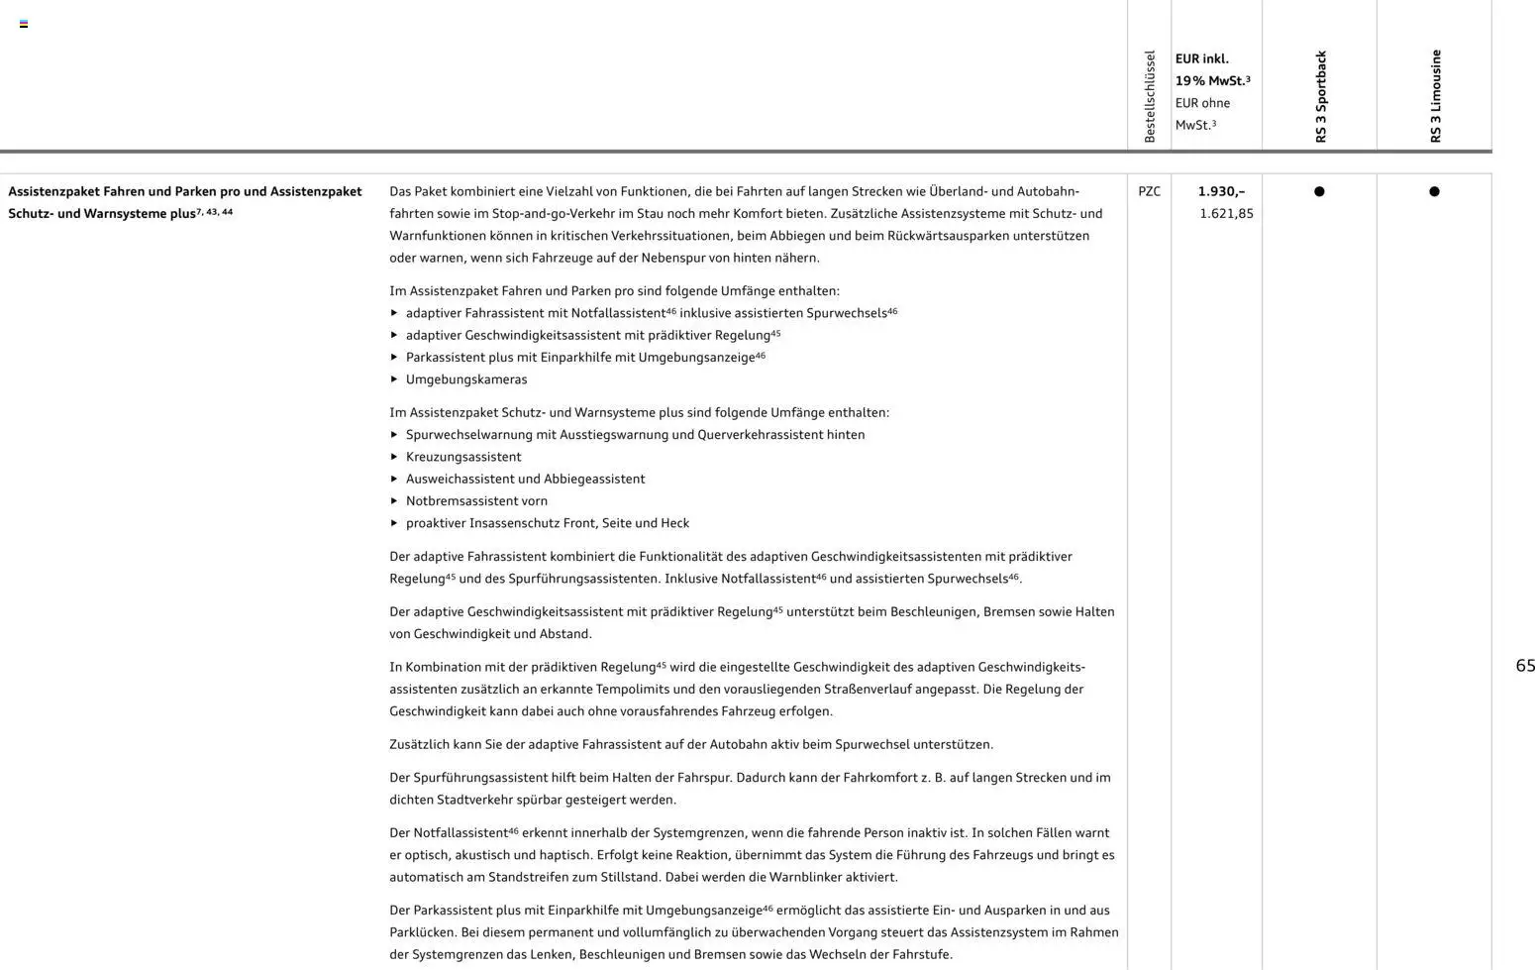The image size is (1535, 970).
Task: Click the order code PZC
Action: [x=1149, y=191]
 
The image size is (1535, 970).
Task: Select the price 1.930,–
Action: [x=1221, y=191]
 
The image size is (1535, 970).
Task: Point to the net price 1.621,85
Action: [x=1226, y=213]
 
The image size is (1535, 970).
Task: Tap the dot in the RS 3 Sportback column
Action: [x=1319, y=191]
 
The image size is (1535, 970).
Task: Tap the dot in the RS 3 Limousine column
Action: [x=1434, y=191]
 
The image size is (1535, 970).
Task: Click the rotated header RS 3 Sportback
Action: [x=1320, y=97]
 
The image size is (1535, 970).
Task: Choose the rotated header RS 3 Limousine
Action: [x=1435, y=96]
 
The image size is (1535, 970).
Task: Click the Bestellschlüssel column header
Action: [x=1149, y=97]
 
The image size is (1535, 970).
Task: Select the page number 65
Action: [x=1525, y=666]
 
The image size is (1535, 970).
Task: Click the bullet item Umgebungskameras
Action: [x=466, y=379]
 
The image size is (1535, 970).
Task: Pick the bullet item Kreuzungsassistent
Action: [x=463, y=457]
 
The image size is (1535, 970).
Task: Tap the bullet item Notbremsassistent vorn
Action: [x=476, y=501]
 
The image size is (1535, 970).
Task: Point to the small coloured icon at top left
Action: [x=24, y=24]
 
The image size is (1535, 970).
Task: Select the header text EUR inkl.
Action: [x=1201, y=58]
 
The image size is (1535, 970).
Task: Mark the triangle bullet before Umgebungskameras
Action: [x=394, y=379]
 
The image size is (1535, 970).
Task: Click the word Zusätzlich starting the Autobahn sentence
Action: [x=419, y=744]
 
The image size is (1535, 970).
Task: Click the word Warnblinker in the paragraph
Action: [x=801, y=877]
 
